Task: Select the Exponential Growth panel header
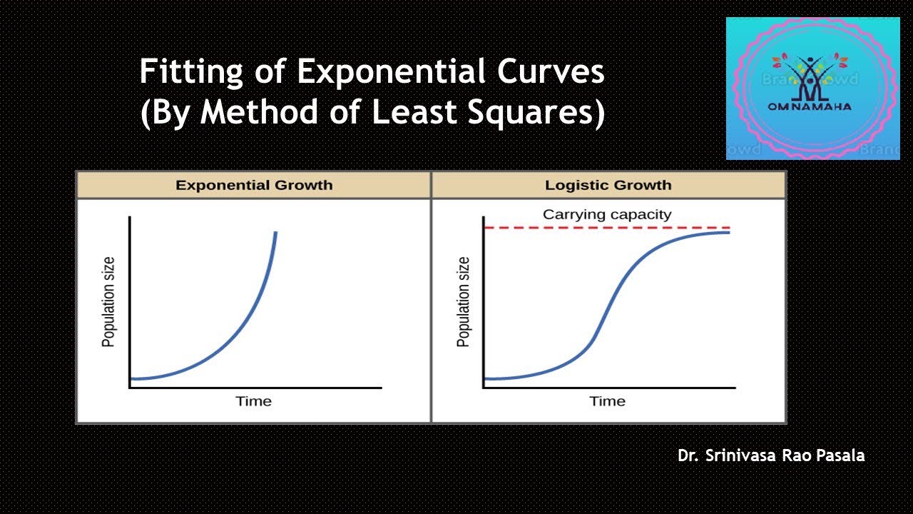[x=254, y=186]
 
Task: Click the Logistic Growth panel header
[x=608, y=186]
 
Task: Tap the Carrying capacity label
[x=607, y=214]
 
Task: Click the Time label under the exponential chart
[x=254, y=401]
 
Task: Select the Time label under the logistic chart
[x=607, y=401]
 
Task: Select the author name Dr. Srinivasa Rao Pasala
[x=771, y=455]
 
